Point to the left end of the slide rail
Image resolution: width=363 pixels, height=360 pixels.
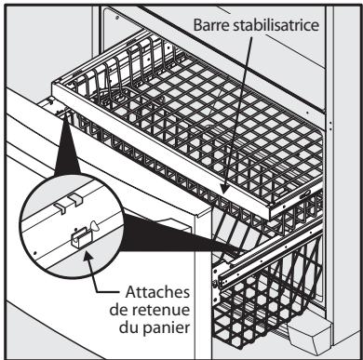click(217, 276)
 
